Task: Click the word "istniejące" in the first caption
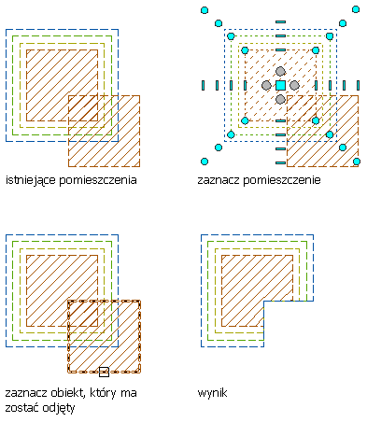tap(31, 180)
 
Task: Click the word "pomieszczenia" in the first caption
tap(98, 180)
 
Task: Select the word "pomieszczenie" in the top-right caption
tap(282, 180)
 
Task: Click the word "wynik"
tap(212, 393)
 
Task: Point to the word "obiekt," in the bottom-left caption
tap(67, 393)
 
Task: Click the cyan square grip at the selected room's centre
tap(280, 85)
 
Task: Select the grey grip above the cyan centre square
tap(280, 71)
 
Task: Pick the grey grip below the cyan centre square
tap(280, 99)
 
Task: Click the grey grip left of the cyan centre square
tap(266, 85)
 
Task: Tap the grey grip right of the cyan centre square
tap(294, 85)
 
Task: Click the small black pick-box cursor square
tap(104, 372)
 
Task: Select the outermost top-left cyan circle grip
tap(205, 10)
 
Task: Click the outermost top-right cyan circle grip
tap(356, 9)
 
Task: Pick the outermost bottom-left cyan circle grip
tap(205, 162)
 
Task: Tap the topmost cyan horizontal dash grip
tap(280, 21)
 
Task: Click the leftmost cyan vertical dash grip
tap(204, 85)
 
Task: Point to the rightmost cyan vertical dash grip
tap(358, 85)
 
